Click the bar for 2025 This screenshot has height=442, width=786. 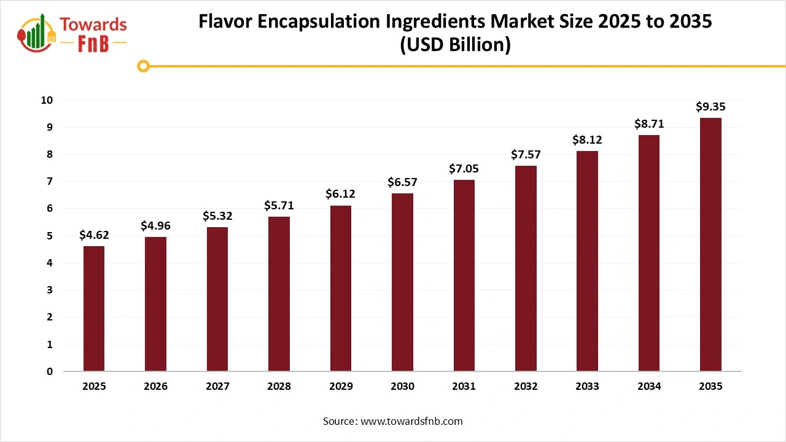[94, 309]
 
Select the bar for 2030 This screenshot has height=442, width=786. [402, 282]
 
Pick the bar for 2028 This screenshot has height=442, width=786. [279, 294]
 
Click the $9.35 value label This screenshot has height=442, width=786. [710, 107]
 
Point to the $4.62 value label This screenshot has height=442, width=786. [94, 235]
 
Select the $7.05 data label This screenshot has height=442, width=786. [464, 169]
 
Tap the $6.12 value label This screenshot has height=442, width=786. [340, 194]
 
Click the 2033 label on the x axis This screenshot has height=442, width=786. [587, 387]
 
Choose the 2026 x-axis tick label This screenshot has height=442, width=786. [155, 387]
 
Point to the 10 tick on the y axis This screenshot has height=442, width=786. [47, 100]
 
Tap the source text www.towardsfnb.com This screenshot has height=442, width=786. [411, 421]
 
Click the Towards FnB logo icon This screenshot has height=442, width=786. [37, 34]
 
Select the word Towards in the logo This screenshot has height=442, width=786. [93, 25]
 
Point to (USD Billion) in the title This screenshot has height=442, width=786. [455, 45]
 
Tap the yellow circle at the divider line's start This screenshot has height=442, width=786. [143, 66]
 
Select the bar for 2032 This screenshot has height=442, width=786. [526, 268]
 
